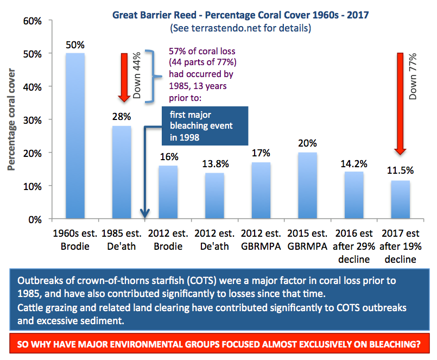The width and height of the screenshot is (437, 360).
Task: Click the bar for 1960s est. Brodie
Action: click(75, 136)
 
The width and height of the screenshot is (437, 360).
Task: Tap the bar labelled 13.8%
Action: click(213, 195)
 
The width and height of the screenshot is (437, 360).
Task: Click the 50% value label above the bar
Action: click(75, 44)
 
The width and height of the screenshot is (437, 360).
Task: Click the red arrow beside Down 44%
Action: click(124, 77)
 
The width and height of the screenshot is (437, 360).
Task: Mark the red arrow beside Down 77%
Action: click(401, 103)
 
